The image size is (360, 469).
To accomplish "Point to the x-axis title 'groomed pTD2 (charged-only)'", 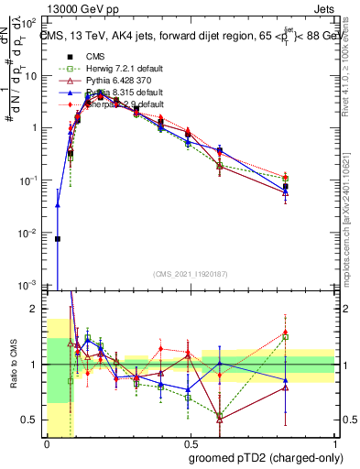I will point(265,458).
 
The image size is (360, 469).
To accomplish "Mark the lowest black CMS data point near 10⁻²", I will point(58,239).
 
